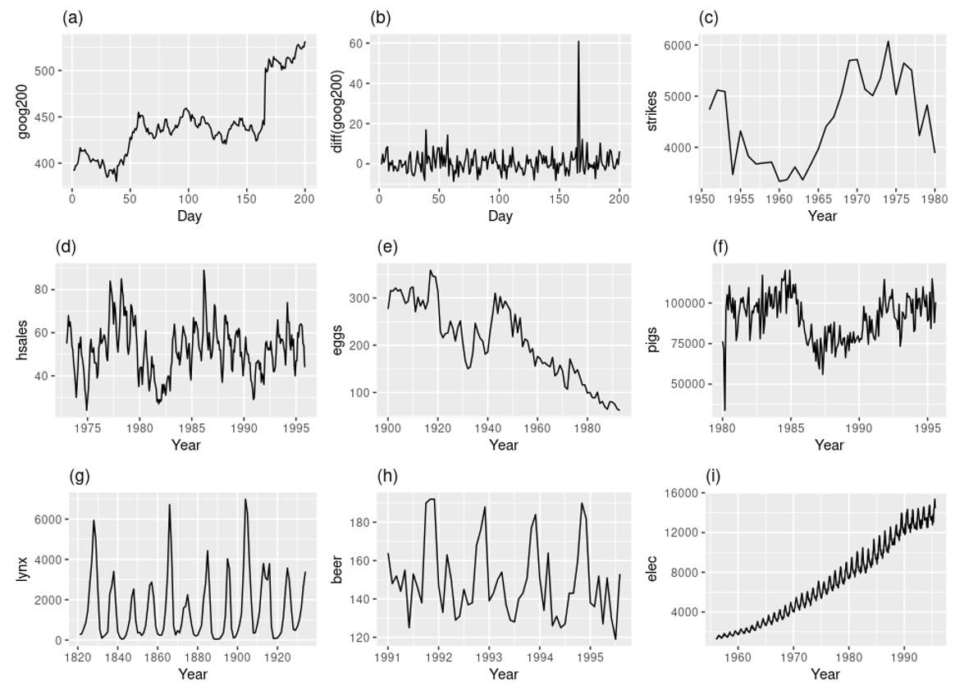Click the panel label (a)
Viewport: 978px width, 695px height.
[71, 17]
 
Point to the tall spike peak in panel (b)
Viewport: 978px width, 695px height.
[578, 41]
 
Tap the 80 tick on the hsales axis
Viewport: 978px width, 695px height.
[48, 290]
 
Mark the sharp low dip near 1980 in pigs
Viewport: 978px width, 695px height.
[724, 409]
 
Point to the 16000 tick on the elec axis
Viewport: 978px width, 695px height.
[679, 493]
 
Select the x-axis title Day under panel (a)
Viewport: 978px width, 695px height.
[190, 217]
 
